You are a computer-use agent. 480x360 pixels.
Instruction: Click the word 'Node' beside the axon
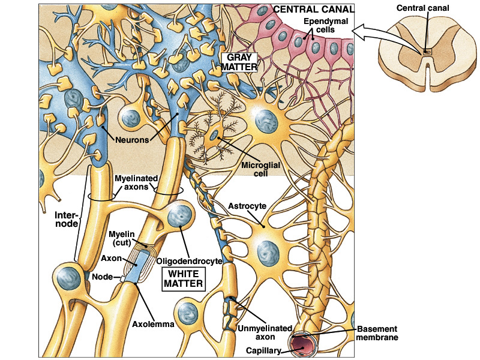[102, 278]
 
